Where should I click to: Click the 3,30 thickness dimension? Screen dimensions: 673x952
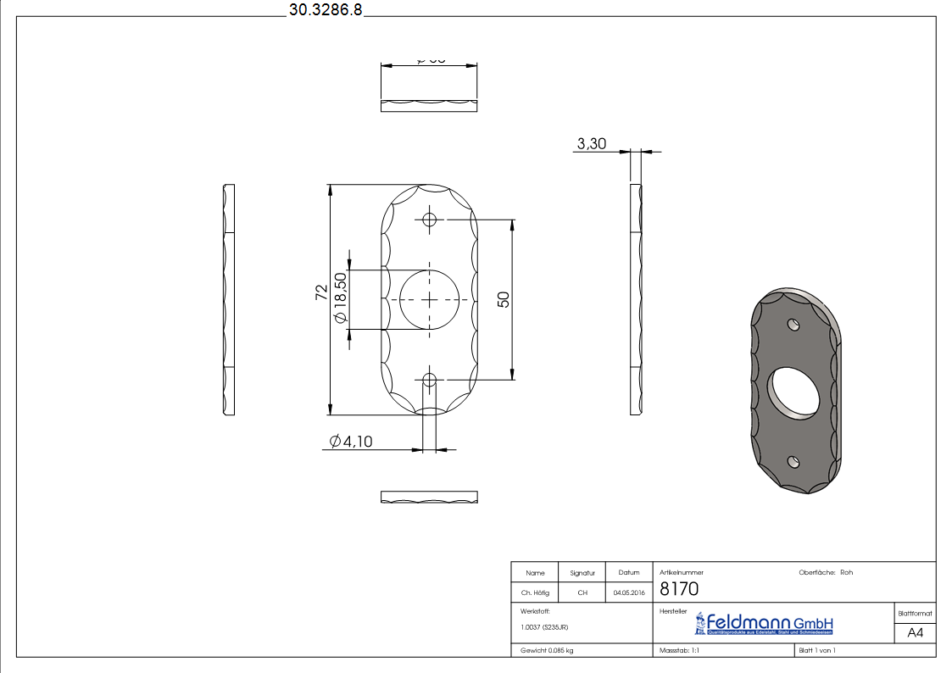591,144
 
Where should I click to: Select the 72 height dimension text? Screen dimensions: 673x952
321,292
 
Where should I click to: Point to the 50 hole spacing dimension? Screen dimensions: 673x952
503,299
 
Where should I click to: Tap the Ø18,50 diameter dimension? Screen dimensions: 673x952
340,298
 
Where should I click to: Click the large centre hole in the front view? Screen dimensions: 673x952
430,300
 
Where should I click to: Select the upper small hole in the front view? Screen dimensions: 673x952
430,220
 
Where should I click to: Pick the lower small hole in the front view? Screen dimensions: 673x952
430,379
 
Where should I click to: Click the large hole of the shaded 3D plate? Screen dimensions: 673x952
794,393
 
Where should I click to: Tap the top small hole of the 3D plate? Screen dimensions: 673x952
793,324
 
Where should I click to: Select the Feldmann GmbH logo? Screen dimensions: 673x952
764,625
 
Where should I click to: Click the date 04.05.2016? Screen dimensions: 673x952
629,593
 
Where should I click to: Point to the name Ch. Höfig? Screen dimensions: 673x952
535,593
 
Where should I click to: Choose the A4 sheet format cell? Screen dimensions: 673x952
915,632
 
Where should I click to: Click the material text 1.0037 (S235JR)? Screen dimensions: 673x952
544,627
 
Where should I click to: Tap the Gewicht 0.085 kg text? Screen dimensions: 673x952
547,650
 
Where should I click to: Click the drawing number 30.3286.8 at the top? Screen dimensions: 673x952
325,10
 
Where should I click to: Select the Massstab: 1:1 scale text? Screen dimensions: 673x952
679,650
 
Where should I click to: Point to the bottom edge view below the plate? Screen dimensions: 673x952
429,497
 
